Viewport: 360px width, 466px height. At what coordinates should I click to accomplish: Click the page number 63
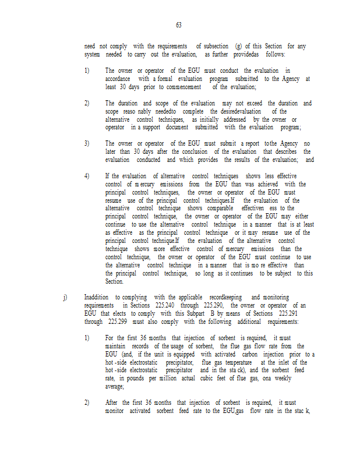pyautogui.click(x=179, y=25)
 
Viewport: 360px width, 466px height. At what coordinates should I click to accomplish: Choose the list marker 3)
pyautogui.click(x=87, y=143)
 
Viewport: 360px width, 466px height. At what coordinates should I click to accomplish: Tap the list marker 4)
pyautogui.click(x=87, y=176)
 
